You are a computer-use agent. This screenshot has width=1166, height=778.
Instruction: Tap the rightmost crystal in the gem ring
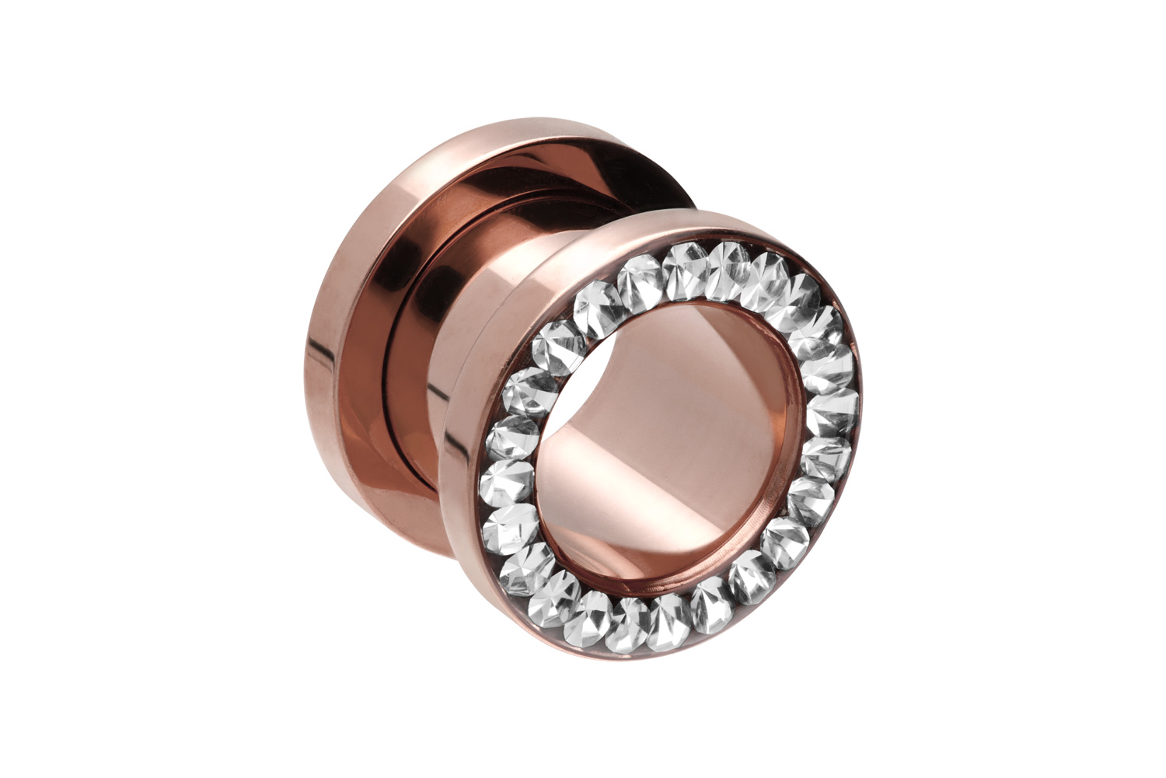[x=836, y=404]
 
